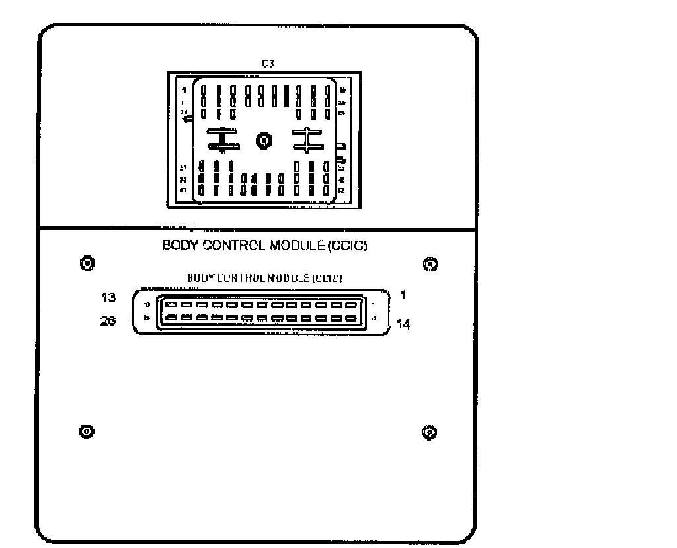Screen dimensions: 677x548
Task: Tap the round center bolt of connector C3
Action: coord(264,140)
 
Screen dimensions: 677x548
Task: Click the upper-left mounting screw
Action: coord(85,263)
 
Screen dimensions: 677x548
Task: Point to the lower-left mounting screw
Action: coord(85,432)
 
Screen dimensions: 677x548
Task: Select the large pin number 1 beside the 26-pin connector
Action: coord(403,295)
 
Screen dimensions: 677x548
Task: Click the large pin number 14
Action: coord(403,324)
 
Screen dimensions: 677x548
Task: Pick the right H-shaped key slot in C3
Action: coord(307,139)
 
